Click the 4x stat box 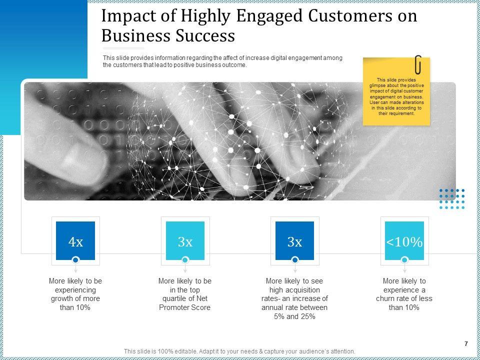pyautogui.click(x=75, y=242)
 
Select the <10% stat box pyautogui.click(x=404, y=242)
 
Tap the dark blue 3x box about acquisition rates pyautogui.click(x=294, y=242)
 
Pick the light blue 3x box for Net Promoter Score pyautogui.click(x=185, y=242)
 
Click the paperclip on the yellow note pyautogui.click(x=418, y=64)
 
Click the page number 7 pyautogui.click(x=466, y=343)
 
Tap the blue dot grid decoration pyautogui.click(x=452, y=198)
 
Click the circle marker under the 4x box pyautogui.click(x=75, y=260)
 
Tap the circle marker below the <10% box pyautogui.click(x=404, y=260)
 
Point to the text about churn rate pyautogui.click(x=404, y=294)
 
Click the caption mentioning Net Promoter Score pyautogui.click(x=185, y=294)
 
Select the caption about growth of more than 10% pyautogui.click(x=75, y=294)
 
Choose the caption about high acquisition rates pyautogui.click(x=294, y=298)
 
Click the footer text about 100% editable pyautogui.click(x=239, y=351)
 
